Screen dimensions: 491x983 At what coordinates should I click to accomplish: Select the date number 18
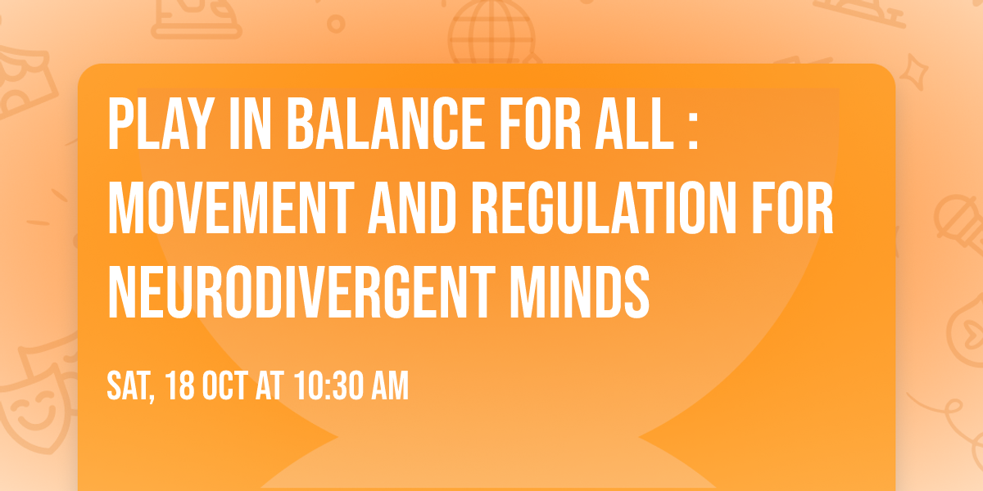point(179,385)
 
